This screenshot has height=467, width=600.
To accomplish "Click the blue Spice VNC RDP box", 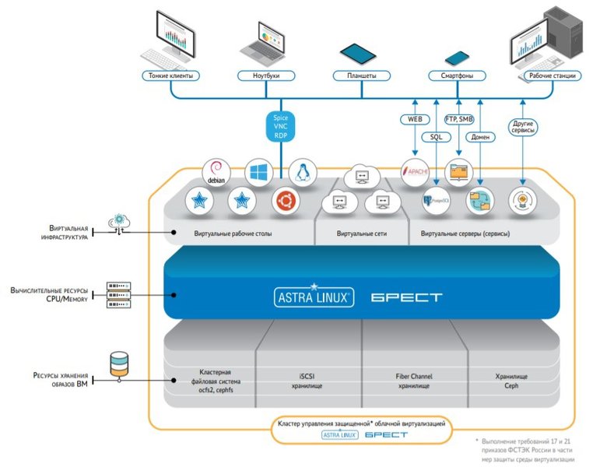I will tap(281, 126).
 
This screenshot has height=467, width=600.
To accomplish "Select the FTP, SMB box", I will tap(459, 119).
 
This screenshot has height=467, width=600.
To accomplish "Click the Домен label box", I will tap(480, 137).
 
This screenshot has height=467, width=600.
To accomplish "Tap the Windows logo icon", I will tap(258, 172).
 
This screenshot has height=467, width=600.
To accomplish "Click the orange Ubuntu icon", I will tap(285, 202).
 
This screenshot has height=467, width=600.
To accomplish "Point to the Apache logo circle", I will tap(415, 173).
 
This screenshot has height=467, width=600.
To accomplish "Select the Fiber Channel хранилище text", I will tap(413, 380).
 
